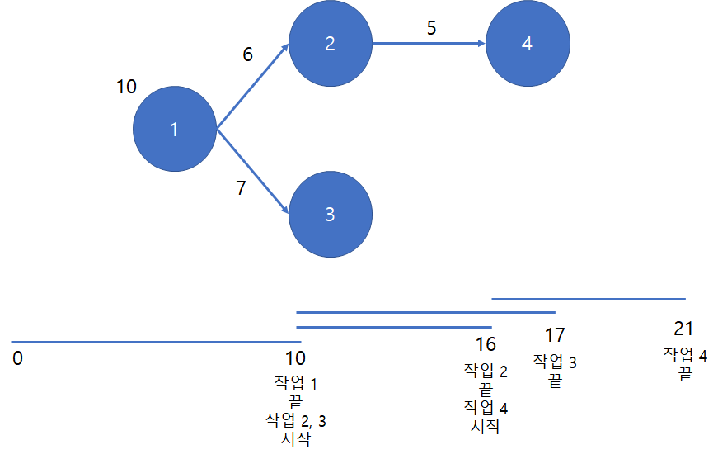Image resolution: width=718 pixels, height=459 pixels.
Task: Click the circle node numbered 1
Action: [174, 129]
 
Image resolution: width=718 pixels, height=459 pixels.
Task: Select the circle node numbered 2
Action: [330, 45]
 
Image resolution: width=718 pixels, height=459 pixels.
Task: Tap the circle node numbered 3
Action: [330, 214]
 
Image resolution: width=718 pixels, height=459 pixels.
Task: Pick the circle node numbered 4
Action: [527, 45]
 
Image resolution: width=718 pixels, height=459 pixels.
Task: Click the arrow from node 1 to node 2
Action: [251, 87]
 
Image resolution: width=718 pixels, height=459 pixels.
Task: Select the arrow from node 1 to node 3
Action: [251, 171]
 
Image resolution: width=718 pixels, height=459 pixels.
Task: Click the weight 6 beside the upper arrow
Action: [247, 54]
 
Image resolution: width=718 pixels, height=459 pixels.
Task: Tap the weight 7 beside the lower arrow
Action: [241, 188]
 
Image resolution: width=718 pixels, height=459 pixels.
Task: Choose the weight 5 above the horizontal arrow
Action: [431, 27]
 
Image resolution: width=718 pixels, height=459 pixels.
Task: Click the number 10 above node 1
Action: [126, 87]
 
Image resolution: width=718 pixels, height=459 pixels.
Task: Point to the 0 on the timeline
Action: [18, 359]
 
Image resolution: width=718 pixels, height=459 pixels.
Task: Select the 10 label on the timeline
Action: [294, 359]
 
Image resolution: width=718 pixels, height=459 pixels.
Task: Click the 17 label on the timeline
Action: [555, 335]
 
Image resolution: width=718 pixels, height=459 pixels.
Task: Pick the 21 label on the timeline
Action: [683, 329]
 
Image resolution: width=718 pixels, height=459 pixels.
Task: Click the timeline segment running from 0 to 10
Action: [157, 341]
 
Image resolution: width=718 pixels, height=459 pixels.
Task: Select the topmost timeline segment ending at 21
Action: [589, 299]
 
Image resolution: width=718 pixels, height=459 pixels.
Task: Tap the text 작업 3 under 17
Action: [555, 361]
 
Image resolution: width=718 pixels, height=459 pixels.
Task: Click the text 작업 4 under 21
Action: [685, 355]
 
